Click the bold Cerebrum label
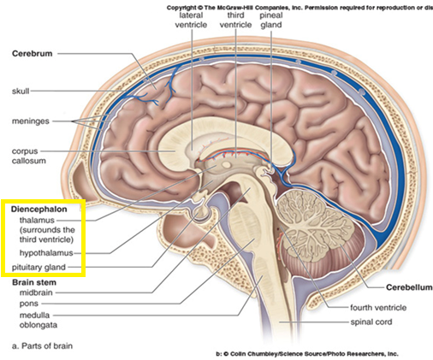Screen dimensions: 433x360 coord(32,54)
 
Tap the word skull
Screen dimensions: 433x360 coord(21,91)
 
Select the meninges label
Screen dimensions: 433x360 coord(31,121)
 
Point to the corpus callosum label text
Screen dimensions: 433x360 coord(29,156)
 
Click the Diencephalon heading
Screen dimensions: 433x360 coord(39,210)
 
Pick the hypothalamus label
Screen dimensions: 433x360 coord(46,253)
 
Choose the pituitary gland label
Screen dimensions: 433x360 coord(39,268)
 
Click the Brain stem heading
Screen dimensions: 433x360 coord(34,282)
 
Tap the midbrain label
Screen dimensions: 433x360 coord(36,292)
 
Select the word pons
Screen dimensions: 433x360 coord(29,304)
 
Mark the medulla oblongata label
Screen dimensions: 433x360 coord(39,320)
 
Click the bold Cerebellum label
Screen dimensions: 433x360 coord(409,287)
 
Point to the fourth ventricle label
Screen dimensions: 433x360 coord(378,308)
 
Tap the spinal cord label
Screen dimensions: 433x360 coord(371,322)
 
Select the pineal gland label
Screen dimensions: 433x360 coord(271,20)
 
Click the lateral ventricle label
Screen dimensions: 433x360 coord(191,20)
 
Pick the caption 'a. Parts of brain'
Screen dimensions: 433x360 coord(42,345)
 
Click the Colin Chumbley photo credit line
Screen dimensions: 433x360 coord(307,354)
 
